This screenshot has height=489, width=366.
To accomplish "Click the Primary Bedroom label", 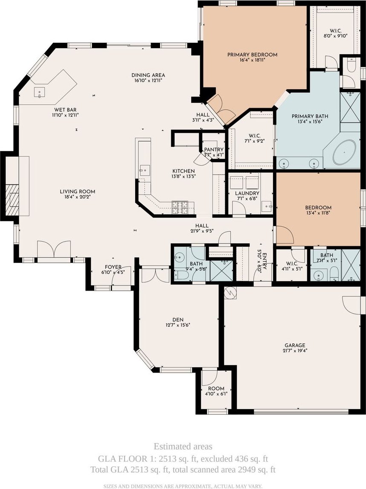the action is pos(252,55).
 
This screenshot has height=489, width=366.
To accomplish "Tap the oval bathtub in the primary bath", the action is pos(344,152).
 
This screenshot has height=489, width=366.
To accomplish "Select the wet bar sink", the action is pos(40,92).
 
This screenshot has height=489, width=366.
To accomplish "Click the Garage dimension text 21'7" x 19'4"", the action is pos(295,350).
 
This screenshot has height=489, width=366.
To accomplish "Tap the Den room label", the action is pos(178,320).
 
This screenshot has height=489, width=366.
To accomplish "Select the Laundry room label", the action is pos(247,193).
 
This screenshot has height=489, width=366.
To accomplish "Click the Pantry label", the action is pos(214,150).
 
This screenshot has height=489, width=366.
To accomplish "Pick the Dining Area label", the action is pos(148,75).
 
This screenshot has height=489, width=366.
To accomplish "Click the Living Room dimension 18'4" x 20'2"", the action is pos(78,197).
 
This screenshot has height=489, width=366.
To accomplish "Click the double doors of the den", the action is pos(156,275).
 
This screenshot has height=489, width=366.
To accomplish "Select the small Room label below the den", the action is pos(216,389).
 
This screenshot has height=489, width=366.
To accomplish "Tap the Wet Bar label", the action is pos(65,110).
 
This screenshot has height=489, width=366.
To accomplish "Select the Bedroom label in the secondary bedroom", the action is pos(318,208).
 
